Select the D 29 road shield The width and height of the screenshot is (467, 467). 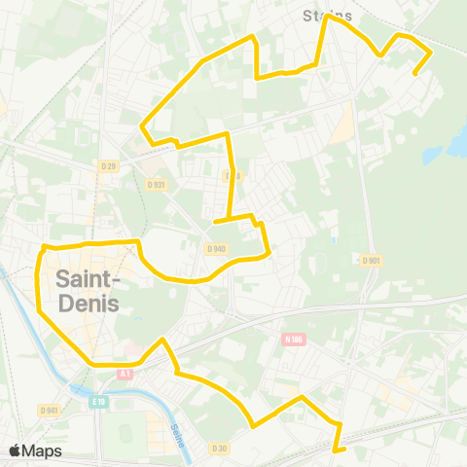109,166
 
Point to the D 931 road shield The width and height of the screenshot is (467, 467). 156,184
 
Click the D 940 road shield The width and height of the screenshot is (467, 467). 216,249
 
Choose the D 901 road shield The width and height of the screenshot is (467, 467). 371,261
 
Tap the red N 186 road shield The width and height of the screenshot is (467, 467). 295,339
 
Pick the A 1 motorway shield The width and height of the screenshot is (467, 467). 124,374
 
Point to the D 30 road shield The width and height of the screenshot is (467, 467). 219,449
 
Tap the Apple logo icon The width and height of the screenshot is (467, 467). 15,450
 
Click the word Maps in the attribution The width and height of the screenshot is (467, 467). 43,450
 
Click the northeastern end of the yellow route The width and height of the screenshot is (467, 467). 415,74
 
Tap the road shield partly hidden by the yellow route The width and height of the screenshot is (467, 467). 232,176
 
